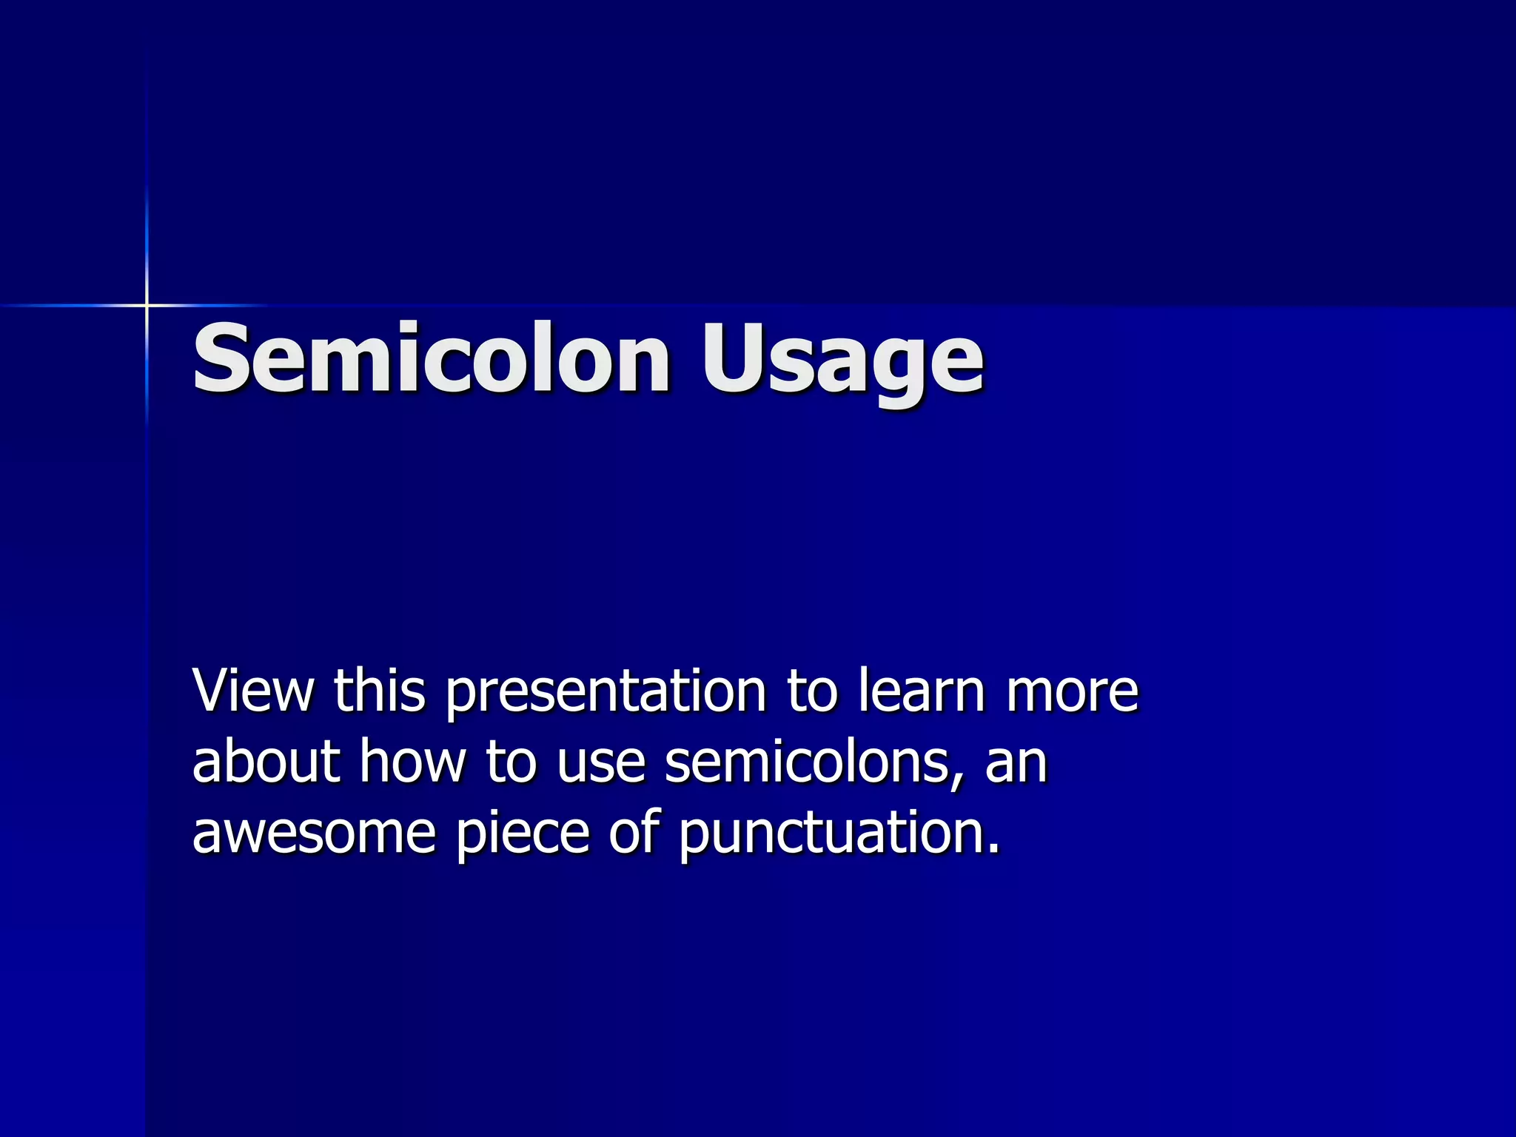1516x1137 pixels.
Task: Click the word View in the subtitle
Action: pos(253,690)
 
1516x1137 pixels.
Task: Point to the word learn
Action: pos(922,690)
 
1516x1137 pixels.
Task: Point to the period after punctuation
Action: pos(993,850)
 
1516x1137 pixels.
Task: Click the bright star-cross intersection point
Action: pos(147,305)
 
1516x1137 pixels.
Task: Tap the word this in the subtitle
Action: pos(379,690)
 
